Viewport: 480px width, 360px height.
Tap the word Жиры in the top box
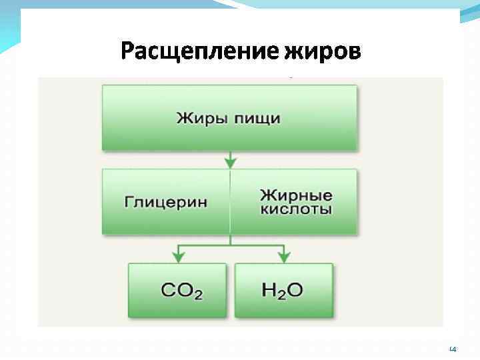(x=198, y=119)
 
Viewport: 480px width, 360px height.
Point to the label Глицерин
(x=165, y=201)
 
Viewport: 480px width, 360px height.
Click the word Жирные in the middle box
(x=296, y=195)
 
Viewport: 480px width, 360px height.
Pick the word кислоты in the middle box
(x=296, y=209)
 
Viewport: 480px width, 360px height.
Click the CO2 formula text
(x=181, y=291)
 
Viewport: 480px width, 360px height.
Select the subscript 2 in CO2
(x=197, y=295)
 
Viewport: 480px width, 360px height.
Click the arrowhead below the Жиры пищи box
(x=230, y=162)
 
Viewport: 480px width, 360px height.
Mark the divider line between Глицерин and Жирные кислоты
(x=230, y=201)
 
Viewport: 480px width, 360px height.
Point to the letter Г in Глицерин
(x=127, y=201)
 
